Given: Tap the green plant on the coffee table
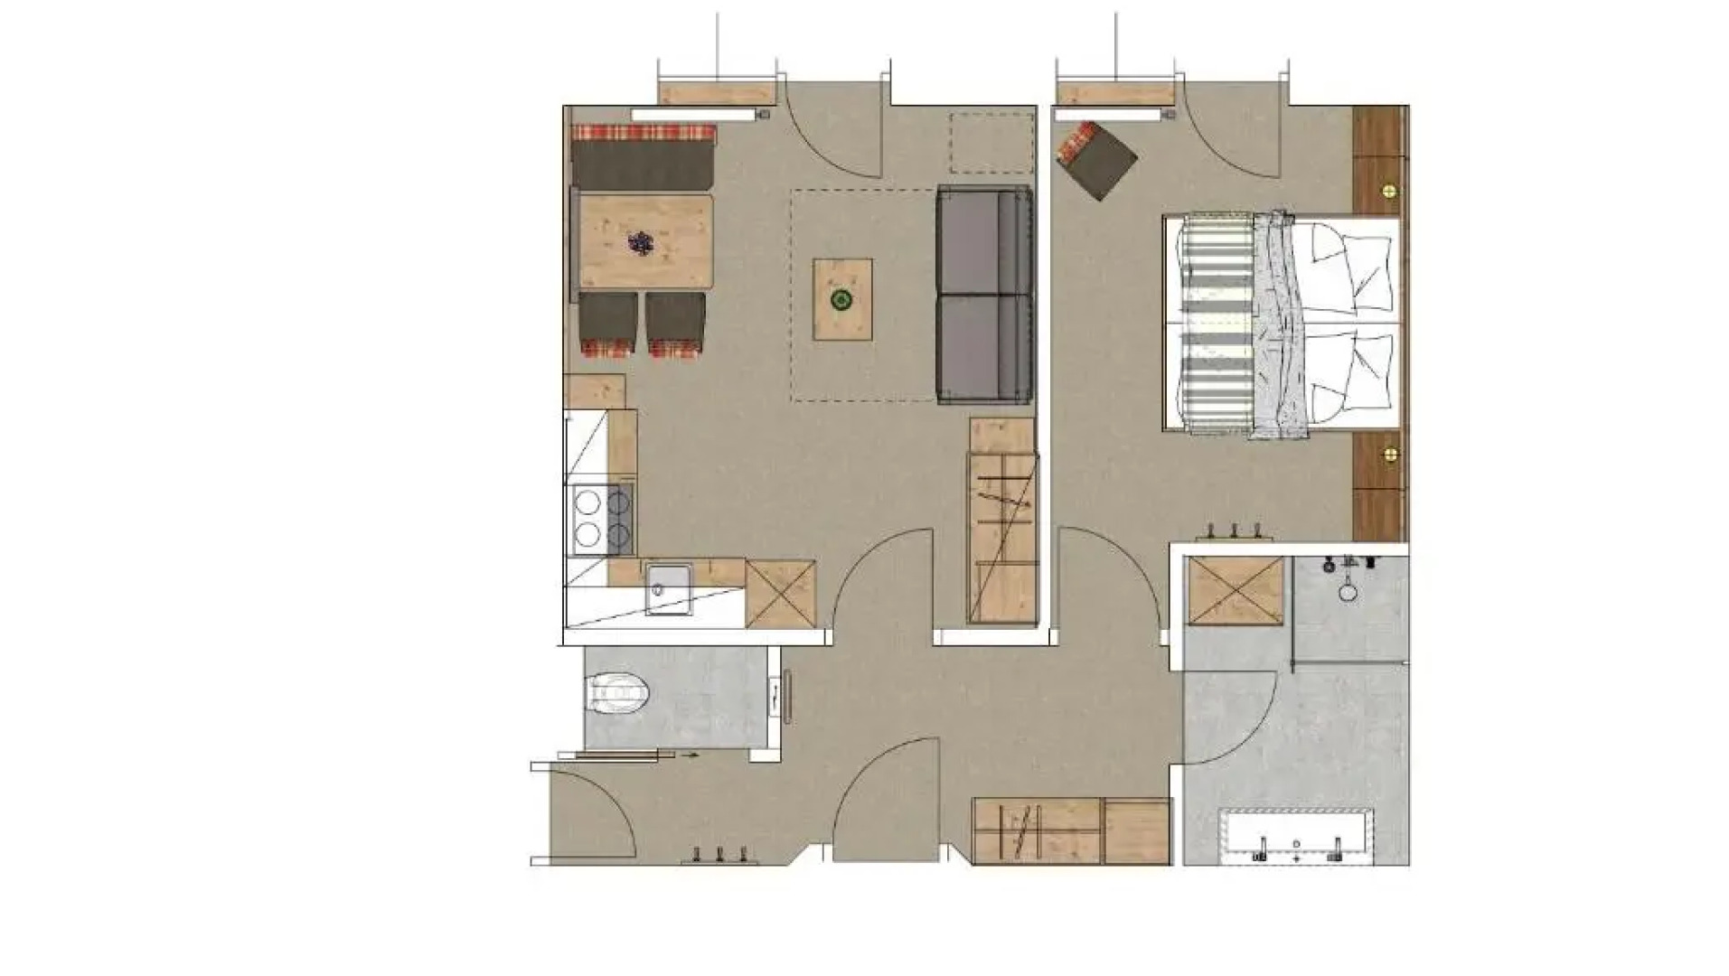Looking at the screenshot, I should pyautogui.click(x=842, y=299).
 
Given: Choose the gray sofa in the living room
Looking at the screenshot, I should pyautogui.click(x=983, y=295).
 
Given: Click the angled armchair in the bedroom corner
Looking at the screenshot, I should pyautogui.click(x=1097, y=160).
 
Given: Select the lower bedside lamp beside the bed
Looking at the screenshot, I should pyautogui.click(x=1388, y=452).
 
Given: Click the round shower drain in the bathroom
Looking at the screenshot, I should pyautogui.click(x=1348, y=593).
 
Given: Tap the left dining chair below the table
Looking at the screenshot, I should pyautogui.click(x=608, y=324).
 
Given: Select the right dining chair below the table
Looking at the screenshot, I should pyautogui.click(x=675, y=324).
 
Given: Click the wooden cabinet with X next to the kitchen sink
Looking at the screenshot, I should pyautogui.click(x=780, y=593).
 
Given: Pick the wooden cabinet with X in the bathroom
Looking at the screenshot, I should pyautogui.click(x=1236, y=591).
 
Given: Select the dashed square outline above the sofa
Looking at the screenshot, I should pyautogui.click(x=991, y=143).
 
